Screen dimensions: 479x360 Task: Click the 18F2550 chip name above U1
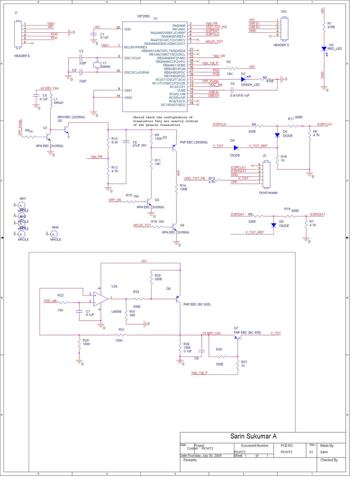[x=143, y=16]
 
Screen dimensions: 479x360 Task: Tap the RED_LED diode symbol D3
[x=324, y=48]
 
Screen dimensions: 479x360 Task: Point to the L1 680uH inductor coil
[x=51, y=101]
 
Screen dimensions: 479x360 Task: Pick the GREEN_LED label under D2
[x=250, y=85]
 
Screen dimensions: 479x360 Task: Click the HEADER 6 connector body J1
[x=18, y=34]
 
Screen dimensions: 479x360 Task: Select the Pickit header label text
[x=268, y=193]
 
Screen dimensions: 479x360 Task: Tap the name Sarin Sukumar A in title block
[x=253, y=436]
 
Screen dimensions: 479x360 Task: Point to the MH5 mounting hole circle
[x=53, y=234]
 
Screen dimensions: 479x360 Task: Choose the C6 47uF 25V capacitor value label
[x=139, y=146]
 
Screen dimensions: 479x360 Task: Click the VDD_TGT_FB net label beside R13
[x=195, y=178]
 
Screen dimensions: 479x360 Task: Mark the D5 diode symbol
[x=236, y=148]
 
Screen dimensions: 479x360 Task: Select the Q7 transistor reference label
[x=236, y=328]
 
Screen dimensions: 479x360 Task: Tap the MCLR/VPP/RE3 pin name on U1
[x=135, y=47]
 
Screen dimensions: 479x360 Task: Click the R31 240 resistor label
[x=132, y=313]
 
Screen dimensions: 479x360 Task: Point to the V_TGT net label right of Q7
[x=276, y=333]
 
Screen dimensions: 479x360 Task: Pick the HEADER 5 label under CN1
[x=281, y=45]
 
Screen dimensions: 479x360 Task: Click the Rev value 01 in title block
[x=311, y=452]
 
